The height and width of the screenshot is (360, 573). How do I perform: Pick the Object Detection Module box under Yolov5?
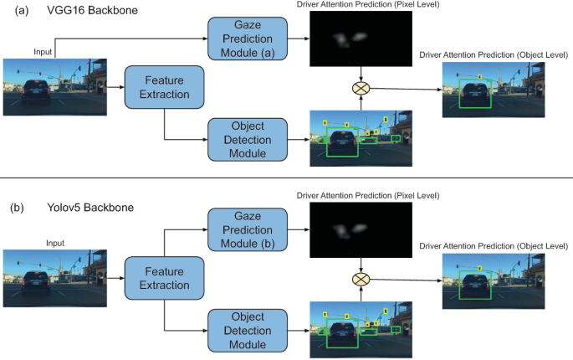point(248,329)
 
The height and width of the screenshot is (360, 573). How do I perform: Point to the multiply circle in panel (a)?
point(361,87)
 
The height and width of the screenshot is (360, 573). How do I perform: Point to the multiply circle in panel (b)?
point(361,280)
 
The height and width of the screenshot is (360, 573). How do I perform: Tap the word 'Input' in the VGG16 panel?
point(43,52)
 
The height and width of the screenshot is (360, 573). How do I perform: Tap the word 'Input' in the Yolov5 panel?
point(54,244)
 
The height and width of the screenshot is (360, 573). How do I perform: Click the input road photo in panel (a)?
point(54,87)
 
